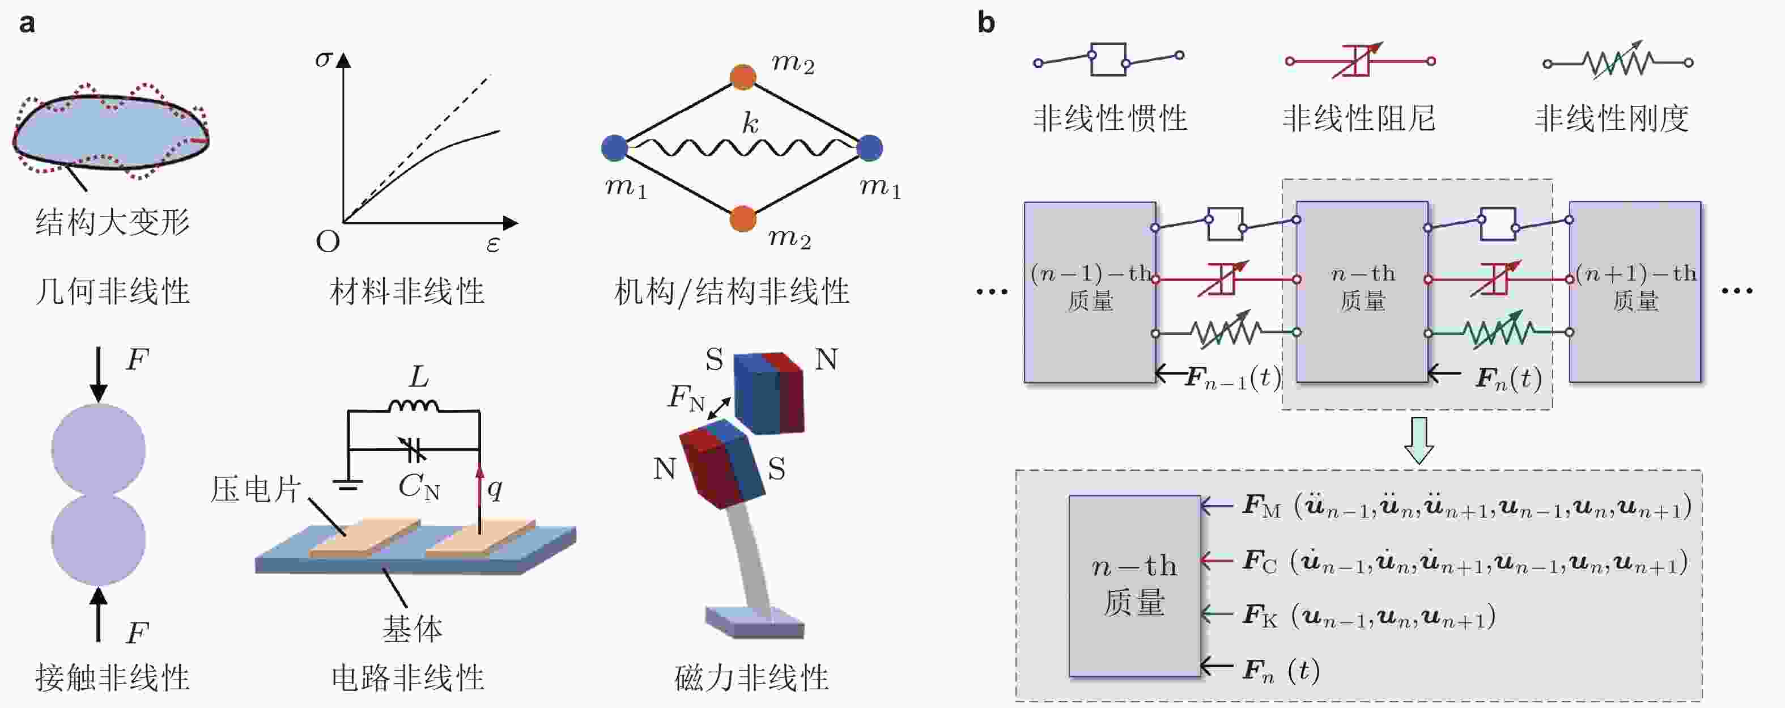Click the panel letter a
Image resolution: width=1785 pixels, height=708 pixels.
[x=27, y=24]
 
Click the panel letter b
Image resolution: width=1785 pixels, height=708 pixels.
[x=985, y=24]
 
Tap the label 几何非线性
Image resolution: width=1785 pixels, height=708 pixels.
[x=112, y=291]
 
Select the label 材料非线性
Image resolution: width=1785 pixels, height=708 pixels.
[x=407, y=291]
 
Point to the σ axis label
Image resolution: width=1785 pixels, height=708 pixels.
[x=323, y=58]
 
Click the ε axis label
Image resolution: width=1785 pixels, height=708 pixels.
[x=492, y=244]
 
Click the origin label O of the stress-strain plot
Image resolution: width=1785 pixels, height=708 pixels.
[x=328, y=242]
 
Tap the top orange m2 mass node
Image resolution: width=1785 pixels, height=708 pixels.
[x=743, y=77]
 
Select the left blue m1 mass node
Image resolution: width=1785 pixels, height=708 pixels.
[x=614, y=148]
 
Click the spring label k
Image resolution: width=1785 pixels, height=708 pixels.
[x=750, y=124]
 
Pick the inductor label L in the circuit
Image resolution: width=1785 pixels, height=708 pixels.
[x=419, y=377]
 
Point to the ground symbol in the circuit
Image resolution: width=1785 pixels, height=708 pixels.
[x=347, y=485]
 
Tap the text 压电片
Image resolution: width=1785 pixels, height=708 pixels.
[x=255, y=490]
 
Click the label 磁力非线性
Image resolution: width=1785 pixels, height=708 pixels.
[x=751, y=677]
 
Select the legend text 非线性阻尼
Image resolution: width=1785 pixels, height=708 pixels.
[x=1359, y=118]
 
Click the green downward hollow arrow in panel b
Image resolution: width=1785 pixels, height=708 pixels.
[x=1418, y=440]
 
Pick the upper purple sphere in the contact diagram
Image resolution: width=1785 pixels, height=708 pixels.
[x=99, y=450]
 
